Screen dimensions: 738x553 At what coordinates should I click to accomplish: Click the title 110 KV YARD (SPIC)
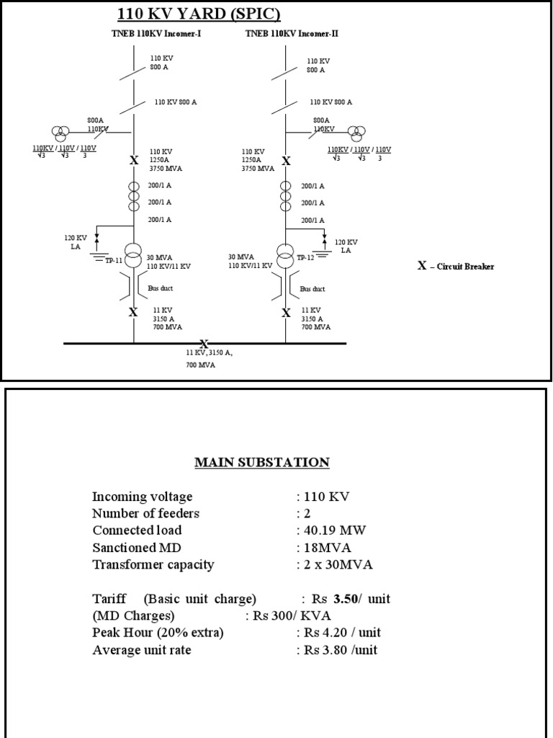point(199,14)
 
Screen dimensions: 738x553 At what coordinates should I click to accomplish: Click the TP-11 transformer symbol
point(133,254)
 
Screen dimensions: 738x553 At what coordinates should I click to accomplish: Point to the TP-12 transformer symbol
point(286,254)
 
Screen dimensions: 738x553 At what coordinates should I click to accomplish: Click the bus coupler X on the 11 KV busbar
point(204,344)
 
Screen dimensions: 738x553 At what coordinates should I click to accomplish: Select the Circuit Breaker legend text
point(457,266)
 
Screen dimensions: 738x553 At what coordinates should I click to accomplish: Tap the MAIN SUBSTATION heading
point(262,462)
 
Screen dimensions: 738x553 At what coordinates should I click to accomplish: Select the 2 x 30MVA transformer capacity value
point(337,564)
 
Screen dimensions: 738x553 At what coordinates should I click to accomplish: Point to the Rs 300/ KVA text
point(284,616)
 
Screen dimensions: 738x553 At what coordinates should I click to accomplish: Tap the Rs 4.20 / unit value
point(341,633)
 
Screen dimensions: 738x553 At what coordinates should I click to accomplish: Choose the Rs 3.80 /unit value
point(340,650)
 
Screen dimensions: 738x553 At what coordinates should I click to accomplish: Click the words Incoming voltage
point(142,497)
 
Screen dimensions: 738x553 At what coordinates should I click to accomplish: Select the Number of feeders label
point(145,514)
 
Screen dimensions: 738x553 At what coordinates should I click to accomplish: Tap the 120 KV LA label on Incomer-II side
point(346,246)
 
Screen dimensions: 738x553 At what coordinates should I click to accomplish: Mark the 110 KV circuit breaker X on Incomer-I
point(133,161)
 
